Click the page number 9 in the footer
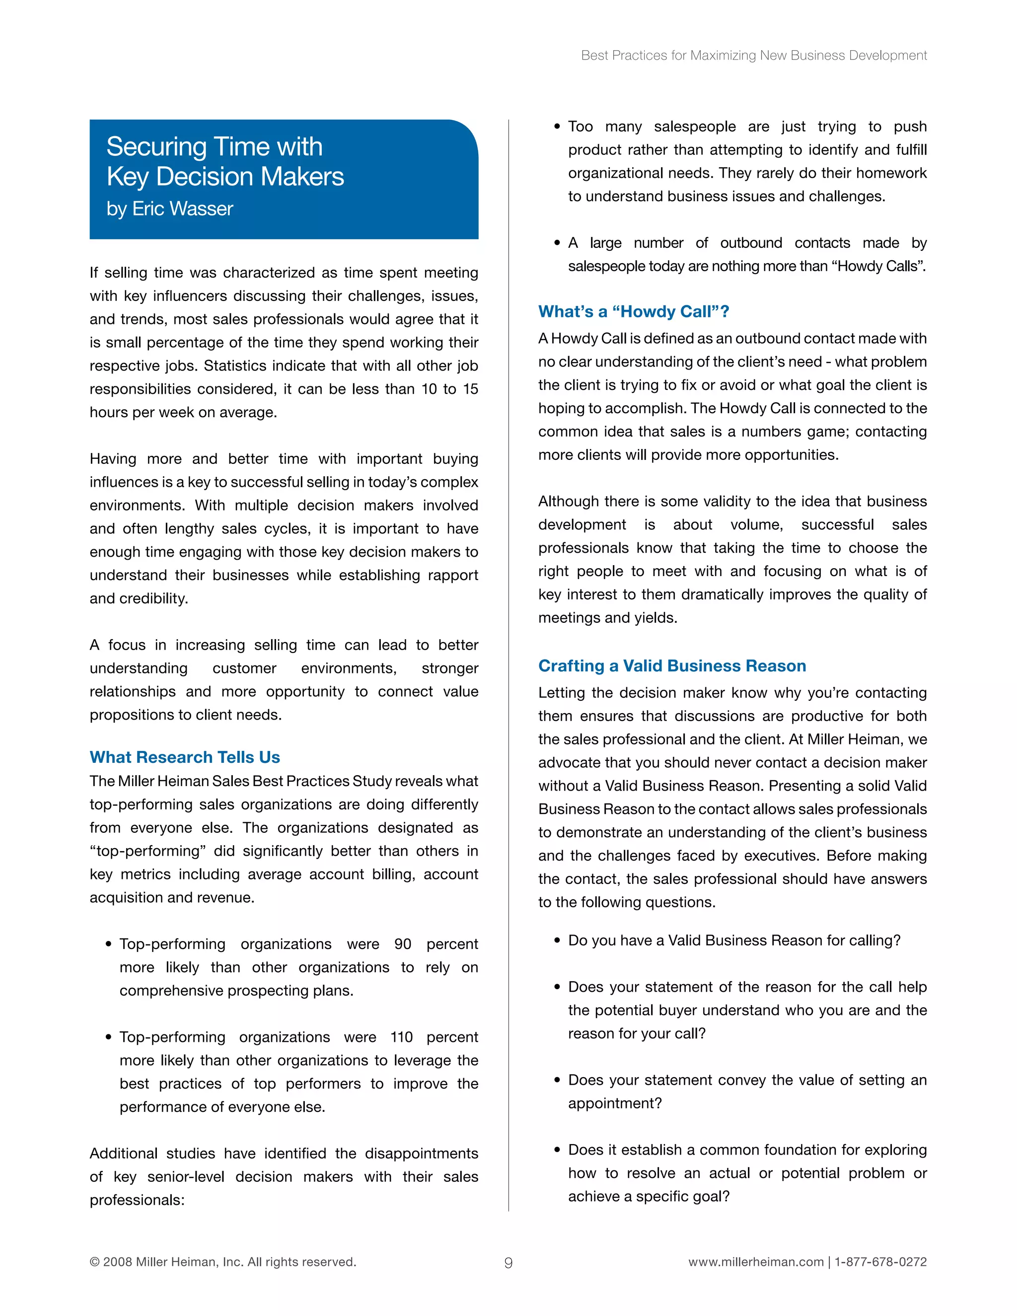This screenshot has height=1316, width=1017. point(508,1263)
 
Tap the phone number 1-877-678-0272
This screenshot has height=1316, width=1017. point(881,1262)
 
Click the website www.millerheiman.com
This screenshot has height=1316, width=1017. point(755,1262)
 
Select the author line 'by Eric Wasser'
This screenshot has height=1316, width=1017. point(169,209)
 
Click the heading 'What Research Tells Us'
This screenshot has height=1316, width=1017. point(185,757)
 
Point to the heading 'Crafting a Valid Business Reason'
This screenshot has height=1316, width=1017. point(672,665)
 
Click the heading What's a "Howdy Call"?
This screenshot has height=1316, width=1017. point(633,311)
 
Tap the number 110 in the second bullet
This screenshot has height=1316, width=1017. point(401,1037)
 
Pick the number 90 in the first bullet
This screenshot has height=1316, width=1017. point(402,944)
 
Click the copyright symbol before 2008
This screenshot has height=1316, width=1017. point(94,1262)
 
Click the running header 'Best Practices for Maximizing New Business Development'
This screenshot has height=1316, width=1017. point(754,56)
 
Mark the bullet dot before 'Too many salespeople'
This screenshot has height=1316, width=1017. point(557,127)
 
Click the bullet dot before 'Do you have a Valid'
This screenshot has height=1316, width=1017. point(557,941)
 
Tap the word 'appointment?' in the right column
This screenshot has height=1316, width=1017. point(615,1103)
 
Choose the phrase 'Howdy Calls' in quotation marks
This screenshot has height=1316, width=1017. point(878,266)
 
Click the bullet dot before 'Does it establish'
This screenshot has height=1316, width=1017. point(557,1150)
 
